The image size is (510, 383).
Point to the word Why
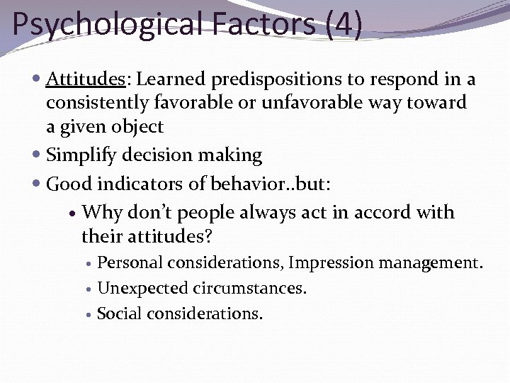(x=102, y=213)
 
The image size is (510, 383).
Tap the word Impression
(x=331, y=263)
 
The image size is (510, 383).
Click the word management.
(x=431, y=263)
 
